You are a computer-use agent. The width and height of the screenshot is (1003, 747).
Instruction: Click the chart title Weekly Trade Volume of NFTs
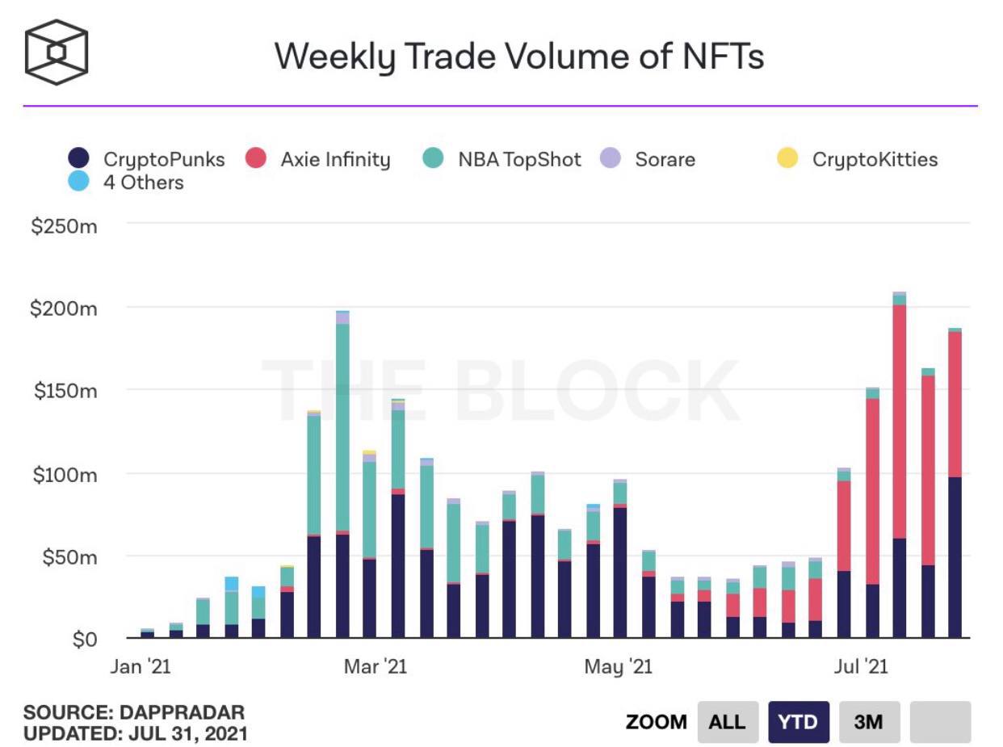coord(518,57)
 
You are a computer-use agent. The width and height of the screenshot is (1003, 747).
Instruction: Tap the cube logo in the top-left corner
coord(56,52)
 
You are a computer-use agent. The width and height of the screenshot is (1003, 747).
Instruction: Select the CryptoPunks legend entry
coord(163,159)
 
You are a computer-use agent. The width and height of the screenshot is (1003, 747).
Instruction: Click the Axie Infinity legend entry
coord(334,159)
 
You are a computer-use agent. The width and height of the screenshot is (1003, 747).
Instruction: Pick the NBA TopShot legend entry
coord(518,159)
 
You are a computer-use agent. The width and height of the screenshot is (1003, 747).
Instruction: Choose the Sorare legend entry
coord(664,159)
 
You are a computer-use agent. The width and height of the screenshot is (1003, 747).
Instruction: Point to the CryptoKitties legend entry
coord(874,159)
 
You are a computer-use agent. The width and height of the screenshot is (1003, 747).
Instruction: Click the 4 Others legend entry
coord(143,183)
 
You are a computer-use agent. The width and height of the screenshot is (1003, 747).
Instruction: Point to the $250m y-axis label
coord(64,226)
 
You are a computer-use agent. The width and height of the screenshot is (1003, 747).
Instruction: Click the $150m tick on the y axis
coord(64,391)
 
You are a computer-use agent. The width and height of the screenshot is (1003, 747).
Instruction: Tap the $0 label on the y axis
coord(84,640)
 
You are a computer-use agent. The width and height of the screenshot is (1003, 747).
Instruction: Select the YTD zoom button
coord(798,721)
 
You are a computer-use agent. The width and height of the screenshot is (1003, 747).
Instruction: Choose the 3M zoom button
coord(868,721)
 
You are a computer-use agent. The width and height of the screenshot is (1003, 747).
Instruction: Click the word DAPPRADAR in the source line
coord(182,713)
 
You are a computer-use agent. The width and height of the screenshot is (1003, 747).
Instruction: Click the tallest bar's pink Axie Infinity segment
coord(899,421)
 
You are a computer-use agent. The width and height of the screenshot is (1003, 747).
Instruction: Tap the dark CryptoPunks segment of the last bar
coord(955,557)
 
